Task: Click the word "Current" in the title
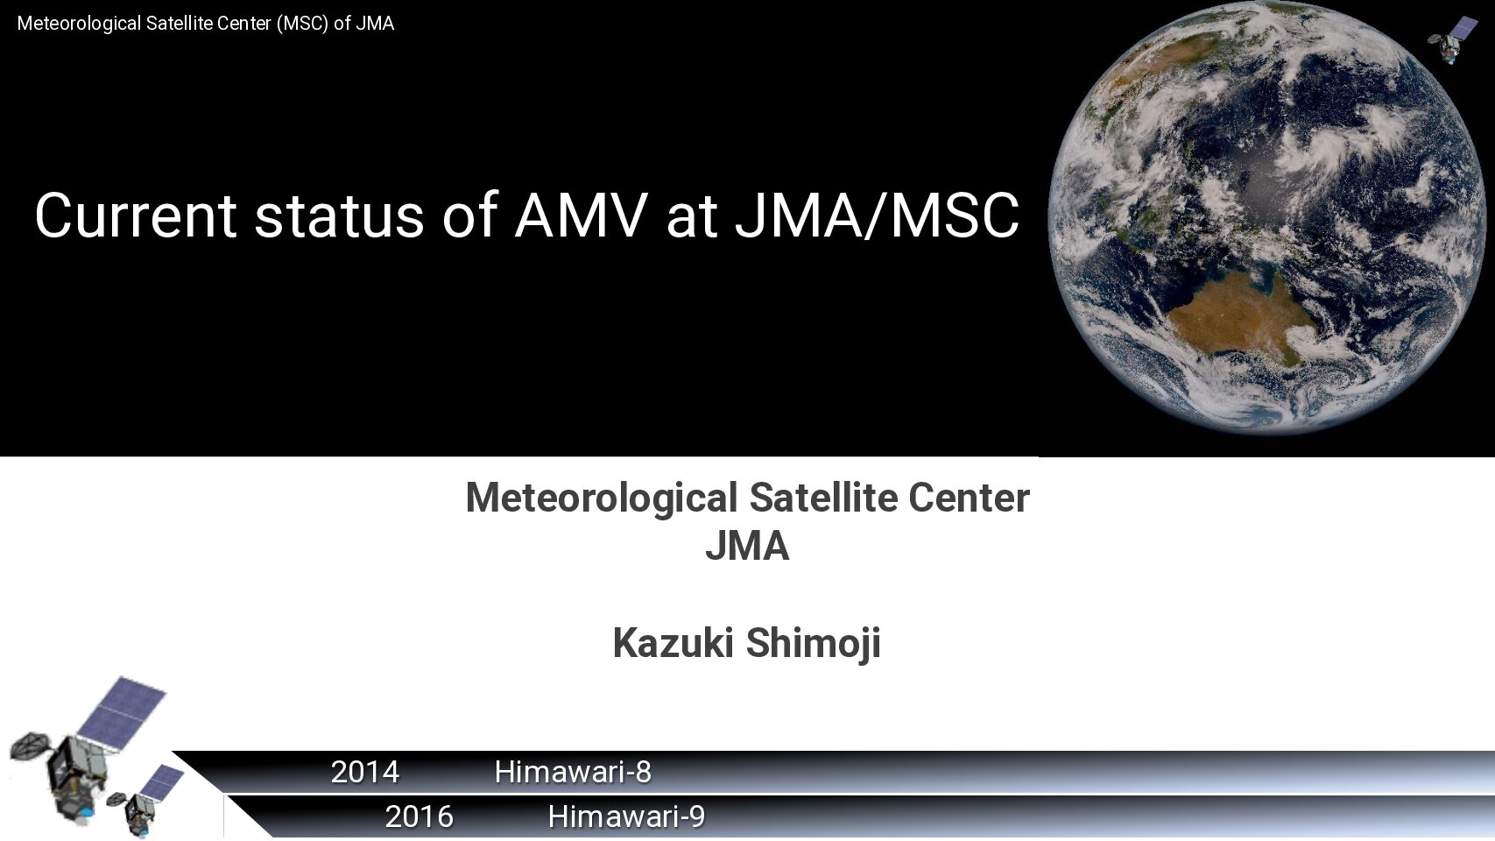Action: pyautogui.click(x=136, y=215)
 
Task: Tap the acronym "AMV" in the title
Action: pyautogui.click(x=581, y=215)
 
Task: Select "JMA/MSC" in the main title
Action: pyautogui.click(x=877, y=216)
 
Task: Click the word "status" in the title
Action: pyautogui.click(x=339, y=216)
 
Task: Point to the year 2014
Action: pyautogui.click(x=365, y=773)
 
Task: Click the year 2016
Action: pyautogui.click(x=420, y=817)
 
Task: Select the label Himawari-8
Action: pyautogui.click(x=573, y=773)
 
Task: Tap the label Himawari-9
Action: pyautogui.click(x=627, y=817)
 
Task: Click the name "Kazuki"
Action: pyautogui.click(x=673, y=643)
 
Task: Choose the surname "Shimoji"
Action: pyautogui.click(x=814, y=643)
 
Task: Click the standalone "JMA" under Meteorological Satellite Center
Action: pyautogui.click(x=748, y=546)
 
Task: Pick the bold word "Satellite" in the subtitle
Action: pyautogui.click(x=823, y=498)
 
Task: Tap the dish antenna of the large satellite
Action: pyautogui.click(x=31, y=746)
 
